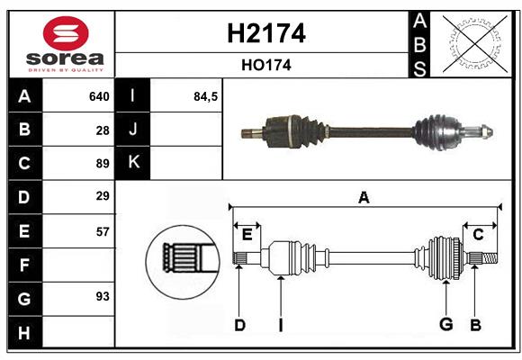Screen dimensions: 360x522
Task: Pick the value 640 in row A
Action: point(99,96)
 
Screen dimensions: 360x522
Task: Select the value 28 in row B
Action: point(103,130)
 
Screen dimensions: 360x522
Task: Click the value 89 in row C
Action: point(103,164)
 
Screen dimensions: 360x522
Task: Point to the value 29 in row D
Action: point(103,196)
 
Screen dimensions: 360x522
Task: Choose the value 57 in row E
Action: point(103,230)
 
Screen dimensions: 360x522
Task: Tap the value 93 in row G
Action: point(103,296)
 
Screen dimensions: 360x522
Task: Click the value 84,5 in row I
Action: point(206,96)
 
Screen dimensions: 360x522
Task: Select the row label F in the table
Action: point(24,265)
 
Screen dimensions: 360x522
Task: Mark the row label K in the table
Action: point(133,163)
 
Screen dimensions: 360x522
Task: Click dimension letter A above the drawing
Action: point(364,197)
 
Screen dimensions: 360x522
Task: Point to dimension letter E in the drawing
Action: point(247,235)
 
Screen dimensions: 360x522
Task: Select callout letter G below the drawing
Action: point(444,324)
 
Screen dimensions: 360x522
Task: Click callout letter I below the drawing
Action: point(280,325)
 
